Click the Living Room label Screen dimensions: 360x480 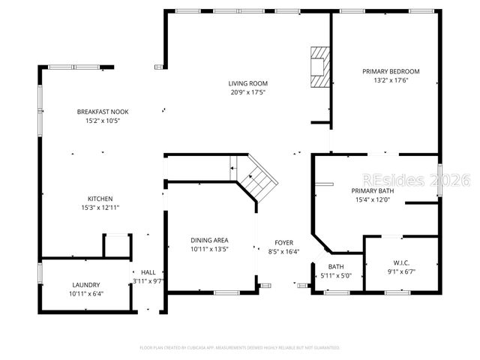point(248,83)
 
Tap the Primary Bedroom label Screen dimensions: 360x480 point(391,71)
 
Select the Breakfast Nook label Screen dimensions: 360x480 point(103,112)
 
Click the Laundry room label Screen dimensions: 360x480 point(86,285)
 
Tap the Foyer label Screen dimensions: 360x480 point(283,242)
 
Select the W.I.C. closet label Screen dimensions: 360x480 point(401,262)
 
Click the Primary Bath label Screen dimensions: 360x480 point(373,190)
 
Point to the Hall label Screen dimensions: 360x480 point(148,272)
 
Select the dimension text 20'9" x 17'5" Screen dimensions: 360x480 point(248,92)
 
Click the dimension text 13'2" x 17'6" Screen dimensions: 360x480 point(391,80)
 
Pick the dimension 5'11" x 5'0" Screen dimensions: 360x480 point(335,275)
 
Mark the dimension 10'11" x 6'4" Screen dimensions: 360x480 point(86,293)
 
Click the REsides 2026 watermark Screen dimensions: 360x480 point(415,180)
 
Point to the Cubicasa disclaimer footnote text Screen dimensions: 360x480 point(240,347)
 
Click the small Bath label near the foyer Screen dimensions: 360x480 point(336,267)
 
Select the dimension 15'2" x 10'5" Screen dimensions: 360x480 point(103,121)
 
